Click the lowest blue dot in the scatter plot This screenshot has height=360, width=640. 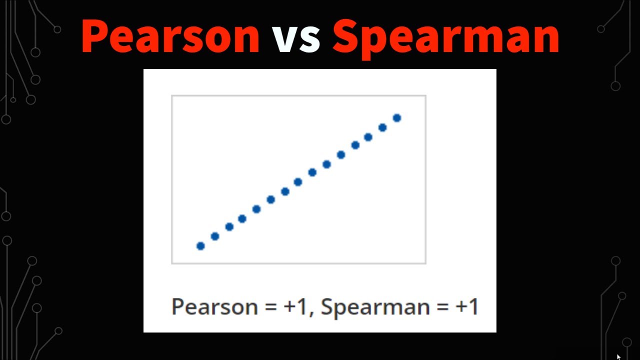click(200, 246)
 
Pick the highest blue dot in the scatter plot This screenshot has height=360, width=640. click(397, 118)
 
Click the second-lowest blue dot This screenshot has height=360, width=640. click(215, 236)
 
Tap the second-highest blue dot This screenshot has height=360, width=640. click(382, 127)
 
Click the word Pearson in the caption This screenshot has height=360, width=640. click(214, 306)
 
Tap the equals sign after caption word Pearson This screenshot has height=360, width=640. click(270, 306)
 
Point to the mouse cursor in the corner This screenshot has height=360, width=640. click(619, 357)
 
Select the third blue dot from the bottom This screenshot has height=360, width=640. click(229, 227)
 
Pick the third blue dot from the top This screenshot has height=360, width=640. click(368, 137)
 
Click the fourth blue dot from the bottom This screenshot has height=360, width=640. click(242, 218)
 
